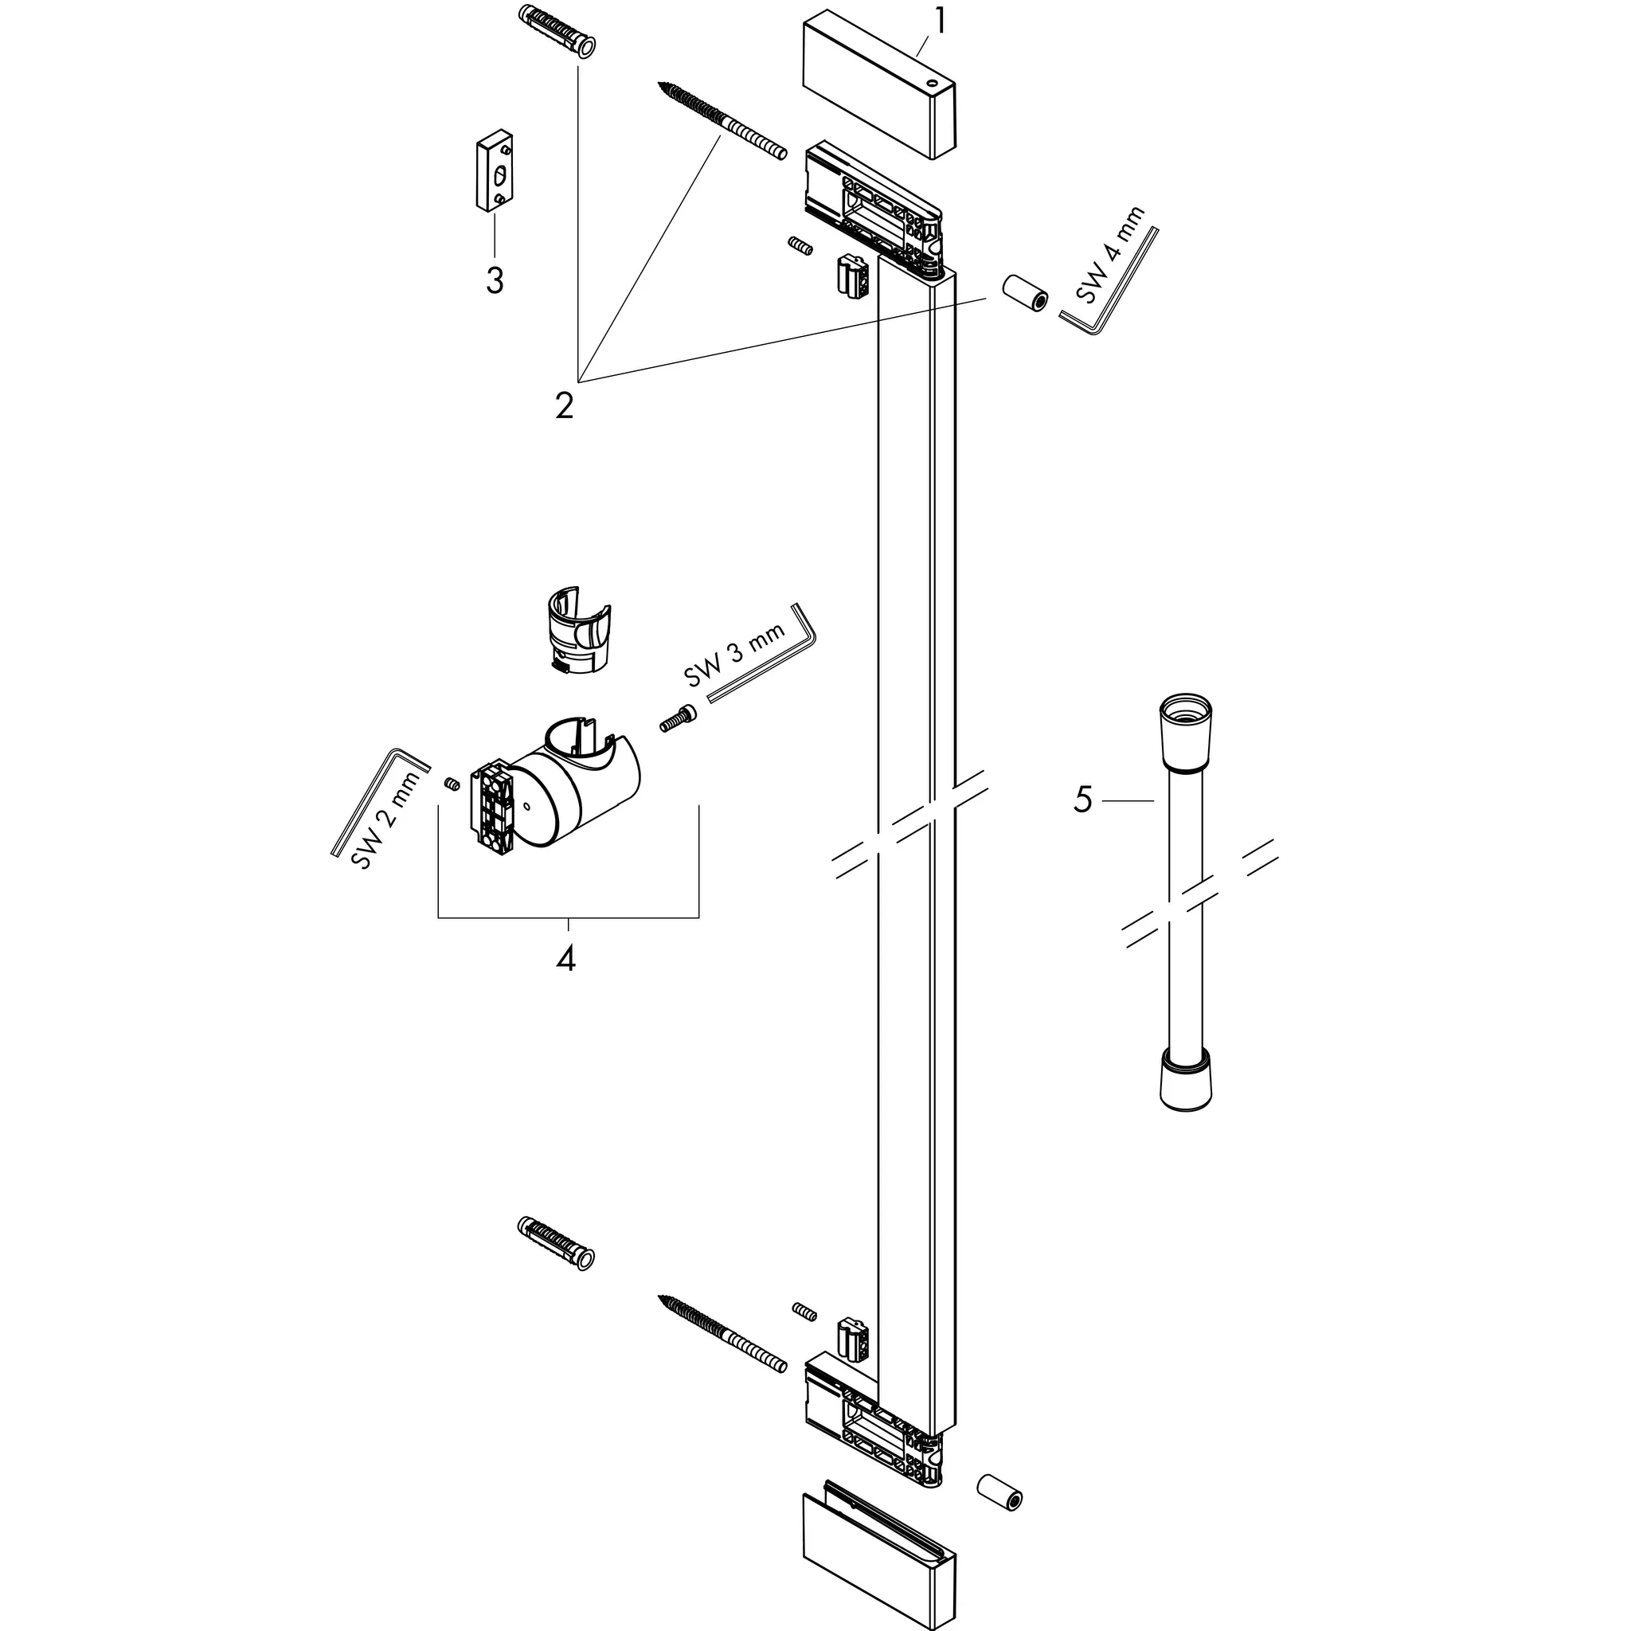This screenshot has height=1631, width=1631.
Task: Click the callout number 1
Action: click(938, 22)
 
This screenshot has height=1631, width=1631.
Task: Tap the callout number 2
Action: click(564, 405)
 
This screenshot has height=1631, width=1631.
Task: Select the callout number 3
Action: click(495, 280)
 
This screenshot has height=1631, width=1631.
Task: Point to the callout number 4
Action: click(565, 958)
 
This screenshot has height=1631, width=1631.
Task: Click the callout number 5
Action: click(1082, 800)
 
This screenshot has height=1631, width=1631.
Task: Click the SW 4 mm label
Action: click(1110, 256)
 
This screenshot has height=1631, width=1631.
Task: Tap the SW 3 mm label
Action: click(733, 652)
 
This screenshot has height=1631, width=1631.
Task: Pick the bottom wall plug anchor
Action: click(554, 1246)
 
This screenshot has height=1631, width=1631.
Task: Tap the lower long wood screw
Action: click(722, 1335)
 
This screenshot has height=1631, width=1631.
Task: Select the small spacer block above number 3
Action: click(494, 172)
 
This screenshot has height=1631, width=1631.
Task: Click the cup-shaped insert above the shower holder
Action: click(578, 629)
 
